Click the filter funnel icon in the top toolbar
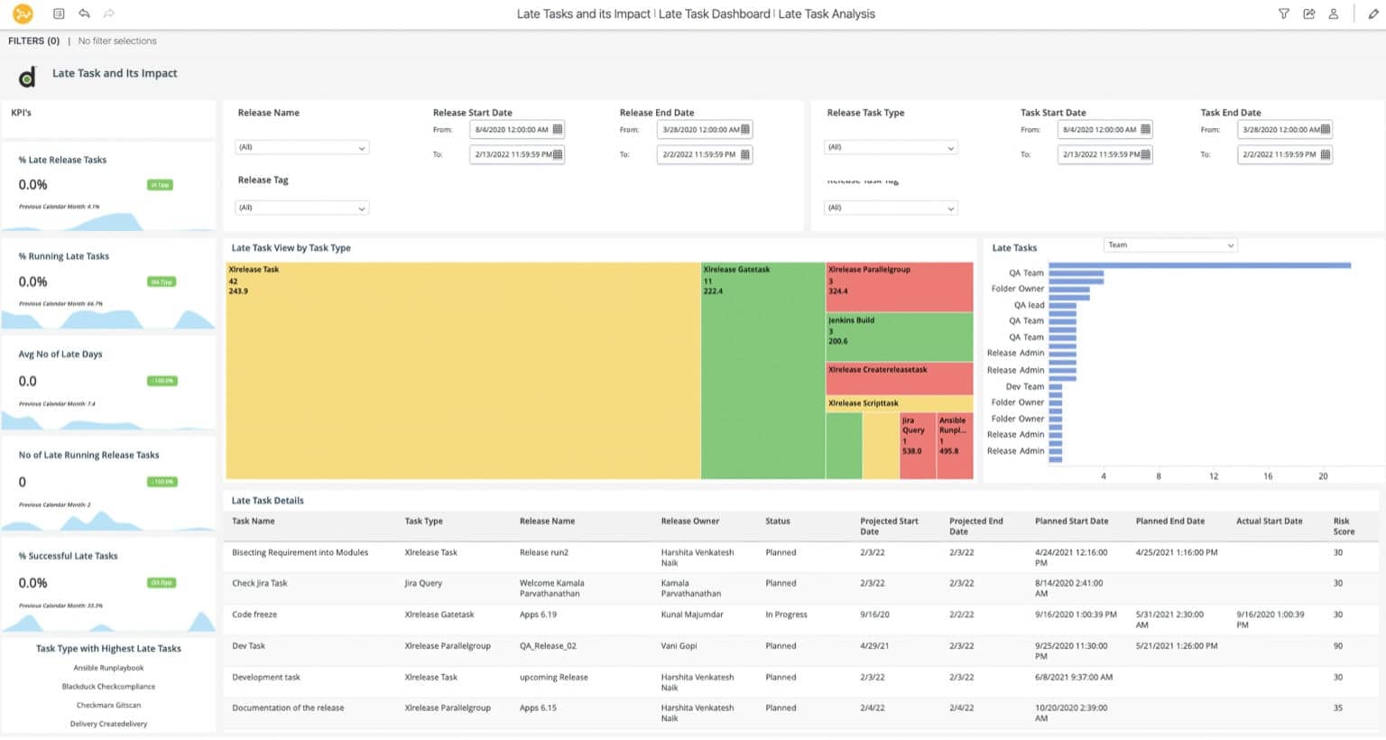[x=1283, y=14]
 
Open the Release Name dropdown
[x=301, y=148]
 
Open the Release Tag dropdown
[x=301, y=208]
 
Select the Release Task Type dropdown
[x=890, y=148]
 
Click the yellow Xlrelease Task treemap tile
[x=462, y=370]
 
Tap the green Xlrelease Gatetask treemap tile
[x=762, y=370]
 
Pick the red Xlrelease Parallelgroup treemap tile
[x=899, y=286]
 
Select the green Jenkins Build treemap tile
[x=899, y=337]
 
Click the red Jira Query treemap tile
[x=918, y=446]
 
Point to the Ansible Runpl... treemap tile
[x=955, y=446]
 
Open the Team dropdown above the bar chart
[x=1169, y=245]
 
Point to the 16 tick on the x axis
[x=1267, y=476]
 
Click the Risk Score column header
[x=1343, y=526]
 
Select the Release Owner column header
[x=689, y=522]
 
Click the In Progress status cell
[x=786, y=615]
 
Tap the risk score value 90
[x=1337, y=646]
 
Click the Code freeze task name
[x=254, y=615]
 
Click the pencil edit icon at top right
[x=1372, y=14]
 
